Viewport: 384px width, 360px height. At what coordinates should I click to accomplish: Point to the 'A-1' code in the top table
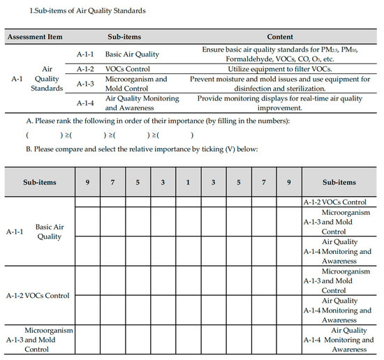pyautogui.click(x=17, y=79)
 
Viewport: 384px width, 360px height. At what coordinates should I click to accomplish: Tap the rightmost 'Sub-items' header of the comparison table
pyautogui.click(x=339, y=182)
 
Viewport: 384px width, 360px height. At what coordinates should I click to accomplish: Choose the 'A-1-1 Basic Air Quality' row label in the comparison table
pyautogui.click(x=39, y=231)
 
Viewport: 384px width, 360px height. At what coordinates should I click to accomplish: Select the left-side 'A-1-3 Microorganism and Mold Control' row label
pyautogui.click(x=39, y=339)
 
